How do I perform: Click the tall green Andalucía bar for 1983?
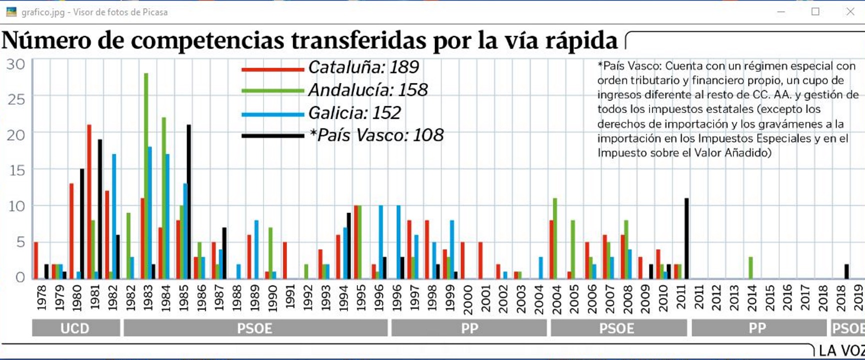pyautogui.click(x=146, y=175)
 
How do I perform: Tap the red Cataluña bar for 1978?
pyautogui.click(x=36, y=260)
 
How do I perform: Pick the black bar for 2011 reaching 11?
pyautogui.click(x=686, y=238)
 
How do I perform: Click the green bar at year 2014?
pyautogui.click(x=750, y=267)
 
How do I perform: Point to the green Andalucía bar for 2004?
pyautogui.click(x=555, y=238)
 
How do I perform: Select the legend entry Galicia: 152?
pyautogui.click(x=354, y=113)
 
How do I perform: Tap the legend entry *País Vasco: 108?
pyautogui.click(x=376, y=135)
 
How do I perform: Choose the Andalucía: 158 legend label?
pyautogui.click(x=367, y=90)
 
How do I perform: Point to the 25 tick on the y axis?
pyautogui.click(x=16, y=99)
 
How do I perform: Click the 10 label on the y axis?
pyautogui.click(x=16, y=206)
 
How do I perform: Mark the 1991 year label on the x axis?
pyautogui.click(x=290, y=298)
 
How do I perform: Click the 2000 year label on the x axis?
pyautogui.click(x=467, y=299)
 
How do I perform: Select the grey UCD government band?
pyautogui.click(x=75, y=328)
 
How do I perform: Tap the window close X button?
pyautogui.click(x=850, y=11)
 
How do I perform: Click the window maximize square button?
pyautogui.click(x=815, y=11)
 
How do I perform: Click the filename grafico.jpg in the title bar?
pyautogui.click(x=43, y=12)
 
